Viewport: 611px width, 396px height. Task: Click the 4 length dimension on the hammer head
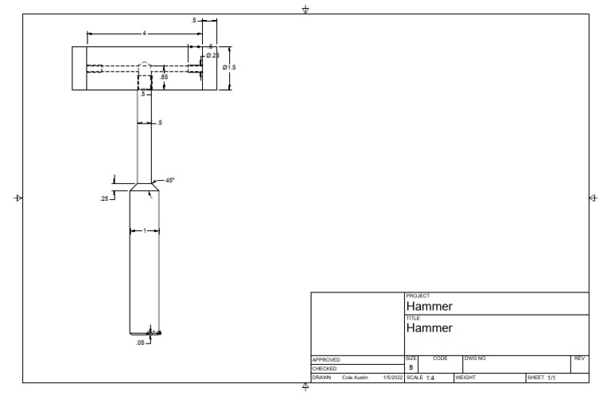tap(144, 33)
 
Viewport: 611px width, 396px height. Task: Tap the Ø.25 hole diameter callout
tap(212, 55)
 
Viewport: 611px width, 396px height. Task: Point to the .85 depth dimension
tap(164, 76)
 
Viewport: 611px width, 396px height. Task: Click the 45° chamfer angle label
tap(169, 180)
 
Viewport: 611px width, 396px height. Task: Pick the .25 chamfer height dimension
tap(104, 198)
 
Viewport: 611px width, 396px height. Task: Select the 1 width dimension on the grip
tap(144, 231)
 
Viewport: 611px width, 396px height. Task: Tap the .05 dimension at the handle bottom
tap(140, 342)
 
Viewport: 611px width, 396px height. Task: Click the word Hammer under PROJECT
tap(430, 306)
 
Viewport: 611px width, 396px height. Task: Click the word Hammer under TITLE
tap(430, 327)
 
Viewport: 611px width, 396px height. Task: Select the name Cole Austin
tap(356, 377)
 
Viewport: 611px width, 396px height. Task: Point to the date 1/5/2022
tap(393, 377)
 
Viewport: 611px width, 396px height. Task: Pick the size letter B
tap(411, 368)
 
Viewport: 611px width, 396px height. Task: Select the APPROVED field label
tap(326, 360)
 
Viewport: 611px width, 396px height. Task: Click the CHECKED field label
tap(325, 369)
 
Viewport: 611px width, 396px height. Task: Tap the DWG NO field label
tap(475, 359)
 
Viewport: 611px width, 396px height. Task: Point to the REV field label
tap(579, 359)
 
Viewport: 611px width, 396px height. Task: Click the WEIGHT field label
tap(465, 377)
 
